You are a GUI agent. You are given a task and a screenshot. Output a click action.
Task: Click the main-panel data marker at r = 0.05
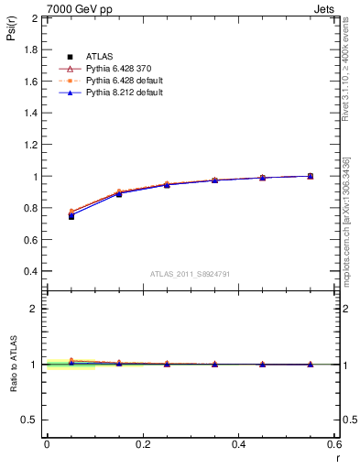(71, 215)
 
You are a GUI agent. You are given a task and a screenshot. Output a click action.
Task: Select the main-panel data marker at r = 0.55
(311, 176)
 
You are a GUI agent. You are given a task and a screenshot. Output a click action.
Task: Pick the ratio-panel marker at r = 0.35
(214, 365)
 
